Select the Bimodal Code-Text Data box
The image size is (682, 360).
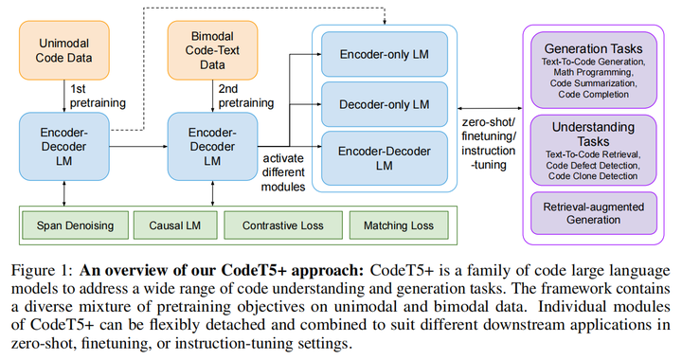(x=211, y=52)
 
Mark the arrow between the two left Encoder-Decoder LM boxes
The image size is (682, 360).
(x=138, y=147)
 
